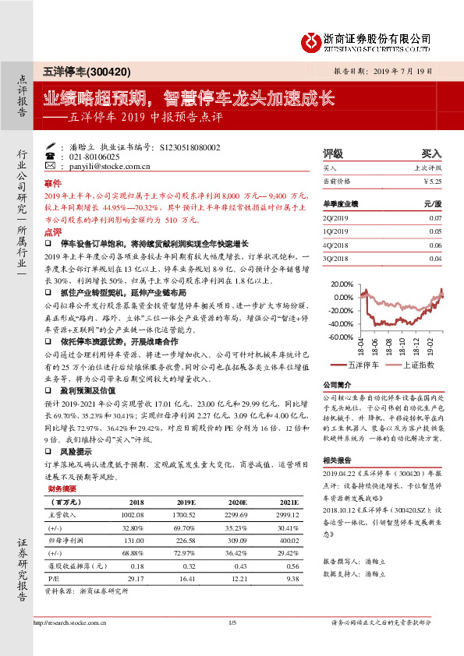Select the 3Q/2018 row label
pos(335,258)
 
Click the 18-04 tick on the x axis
pos(363,348)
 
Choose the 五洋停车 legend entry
pos(360,364)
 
